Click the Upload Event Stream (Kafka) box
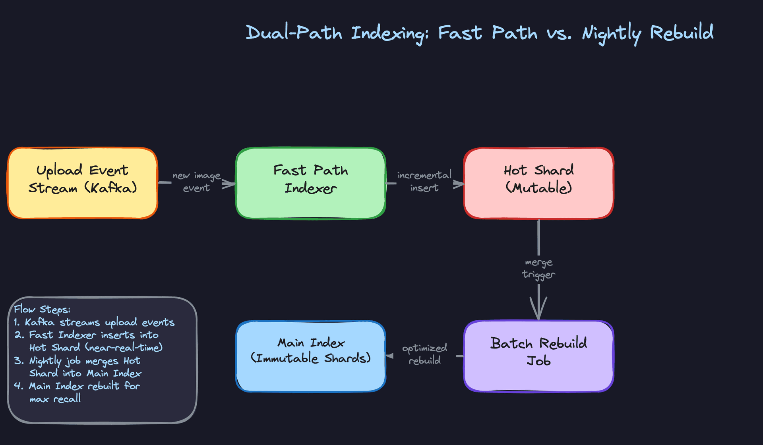83,183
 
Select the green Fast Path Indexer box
310,183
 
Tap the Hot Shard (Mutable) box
538,183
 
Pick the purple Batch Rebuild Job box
538,356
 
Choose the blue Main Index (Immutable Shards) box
310,356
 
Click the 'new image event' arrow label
196,182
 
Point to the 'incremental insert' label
424,182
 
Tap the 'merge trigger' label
538,269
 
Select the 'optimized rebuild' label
424,354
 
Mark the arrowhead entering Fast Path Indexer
229,184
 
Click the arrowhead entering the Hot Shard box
458,184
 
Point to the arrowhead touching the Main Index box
390,356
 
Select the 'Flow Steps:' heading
42,310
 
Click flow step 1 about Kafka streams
95,322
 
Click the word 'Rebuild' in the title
682,33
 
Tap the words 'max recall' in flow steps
55,399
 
